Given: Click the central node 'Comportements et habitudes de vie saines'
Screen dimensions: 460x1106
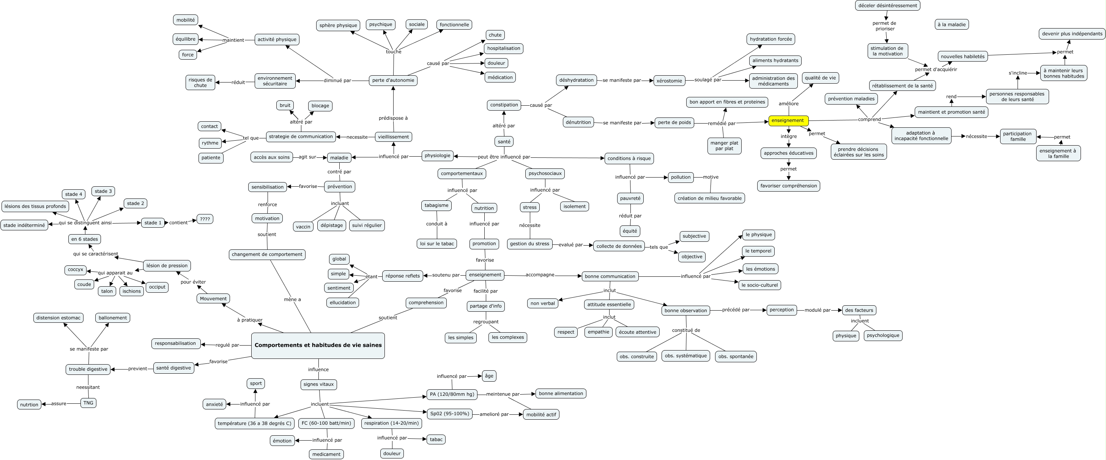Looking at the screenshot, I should click(x=318, y=345).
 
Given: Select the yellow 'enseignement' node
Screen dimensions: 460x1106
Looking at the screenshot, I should click(x=788, y=121).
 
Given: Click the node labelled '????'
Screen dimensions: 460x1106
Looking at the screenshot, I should click(x=205, y=219).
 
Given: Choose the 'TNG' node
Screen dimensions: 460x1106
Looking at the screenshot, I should click(x=88, y=403).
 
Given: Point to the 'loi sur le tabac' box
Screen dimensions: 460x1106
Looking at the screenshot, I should click(x=436, y=244).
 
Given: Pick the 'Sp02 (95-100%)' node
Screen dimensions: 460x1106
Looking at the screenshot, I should click(x=449, y=414).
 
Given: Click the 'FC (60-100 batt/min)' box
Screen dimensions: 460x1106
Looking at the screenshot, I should click(x=326, y=424).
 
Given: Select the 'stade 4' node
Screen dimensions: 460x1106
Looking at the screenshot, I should click(x=73, y=194).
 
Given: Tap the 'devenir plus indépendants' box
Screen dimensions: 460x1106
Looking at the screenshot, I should click(x=1072, y=34).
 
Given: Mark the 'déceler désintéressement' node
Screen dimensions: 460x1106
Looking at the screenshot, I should click(x=887, y=6).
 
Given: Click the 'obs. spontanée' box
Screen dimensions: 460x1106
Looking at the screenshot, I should click(x=736, y=356).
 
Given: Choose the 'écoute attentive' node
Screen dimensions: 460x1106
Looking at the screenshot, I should click(x=637, y=332).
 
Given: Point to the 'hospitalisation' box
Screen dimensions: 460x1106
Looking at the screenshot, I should click(x=503, y=49).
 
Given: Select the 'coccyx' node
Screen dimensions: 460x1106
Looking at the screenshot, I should click(x=75, y=270).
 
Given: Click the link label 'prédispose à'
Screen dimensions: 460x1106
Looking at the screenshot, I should click(x=393, y=118).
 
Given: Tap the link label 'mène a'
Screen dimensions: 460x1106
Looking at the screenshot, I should click(x=292, y=300).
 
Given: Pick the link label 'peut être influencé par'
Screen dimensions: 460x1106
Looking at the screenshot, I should click(x=504, y=157).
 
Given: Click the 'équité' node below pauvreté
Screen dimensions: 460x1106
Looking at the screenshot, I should click(x=629, y=231).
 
